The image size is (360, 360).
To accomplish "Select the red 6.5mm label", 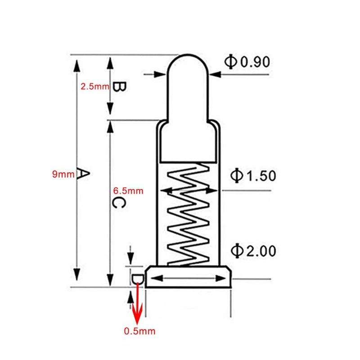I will coord(128,191).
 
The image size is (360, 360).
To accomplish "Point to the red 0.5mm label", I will coord(139,332).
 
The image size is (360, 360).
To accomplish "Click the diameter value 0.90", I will coord(255,61).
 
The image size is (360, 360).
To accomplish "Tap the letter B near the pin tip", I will coord(118,86).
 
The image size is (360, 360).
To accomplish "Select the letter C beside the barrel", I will coord(118,203).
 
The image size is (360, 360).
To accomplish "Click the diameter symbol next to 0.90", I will coord(231,61).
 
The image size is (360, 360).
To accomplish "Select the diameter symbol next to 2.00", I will coord(237,250).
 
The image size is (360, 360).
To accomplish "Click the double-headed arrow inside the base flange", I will coord(188,279).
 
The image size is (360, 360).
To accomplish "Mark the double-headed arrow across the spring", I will coord(188,191).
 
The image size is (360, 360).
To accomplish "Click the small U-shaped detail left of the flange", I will coord(138,279).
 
